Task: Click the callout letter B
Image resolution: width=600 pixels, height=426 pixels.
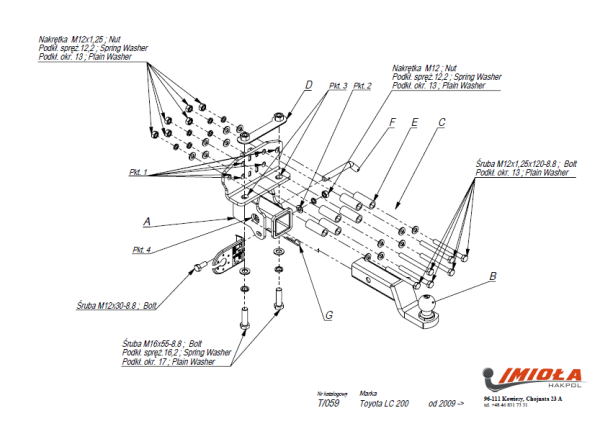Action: point(492,272)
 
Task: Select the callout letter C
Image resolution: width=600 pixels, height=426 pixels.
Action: point(441,122)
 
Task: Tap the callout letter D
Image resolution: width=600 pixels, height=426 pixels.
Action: point(309,84)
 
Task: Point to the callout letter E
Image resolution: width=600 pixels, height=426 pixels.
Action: point(414,122)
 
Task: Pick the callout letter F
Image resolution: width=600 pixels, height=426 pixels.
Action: point(393,122)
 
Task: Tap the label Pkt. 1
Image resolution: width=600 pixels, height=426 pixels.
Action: point(137,173)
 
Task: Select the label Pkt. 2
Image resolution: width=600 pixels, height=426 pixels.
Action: point(362,87)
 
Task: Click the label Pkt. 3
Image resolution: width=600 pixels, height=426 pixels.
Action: point(337,87)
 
